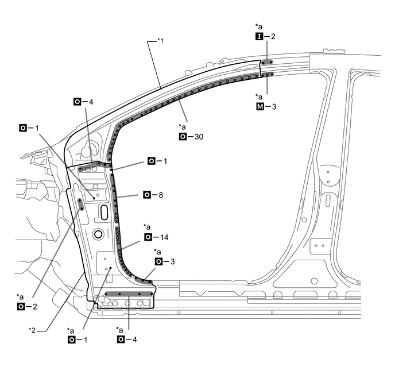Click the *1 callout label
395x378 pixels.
(161, 41)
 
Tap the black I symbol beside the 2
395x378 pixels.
(258, 36)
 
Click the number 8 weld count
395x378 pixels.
(160, 195)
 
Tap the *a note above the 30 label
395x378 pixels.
(183, 126)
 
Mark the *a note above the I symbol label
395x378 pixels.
(259, 26)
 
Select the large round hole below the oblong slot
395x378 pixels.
(98, 234)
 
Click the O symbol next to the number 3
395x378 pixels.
(158, 262)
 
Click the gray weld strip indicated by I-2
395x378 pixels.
(267, 62)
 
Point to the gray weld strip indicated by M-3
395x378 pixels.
(268, 74)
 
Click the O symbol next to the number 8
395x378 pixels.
(147, 195)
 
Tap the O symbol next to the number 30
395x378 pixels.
(183, 137)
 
